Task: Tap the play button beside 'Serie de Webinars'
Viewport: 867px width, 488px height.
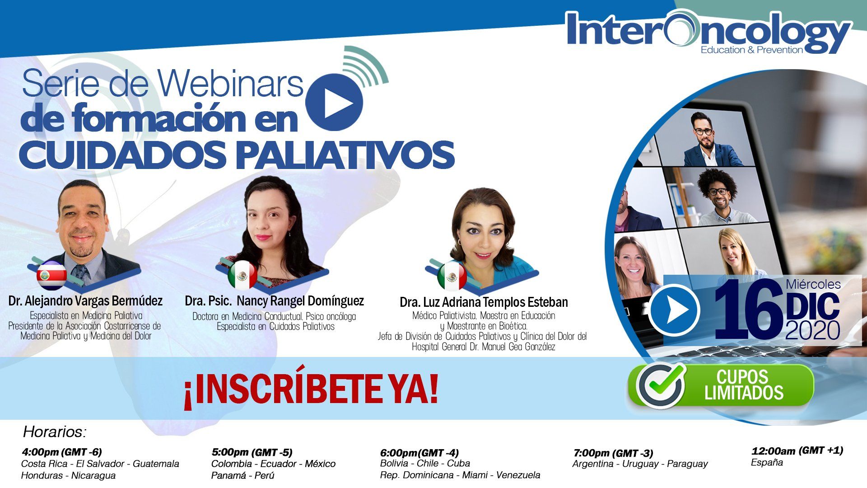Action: [x=334, y=103]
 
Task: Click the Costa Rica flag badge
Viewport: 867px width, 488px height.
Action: [x=52, y=275]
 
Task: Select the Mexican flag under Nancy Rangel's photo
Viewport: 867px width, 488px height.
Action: [x=242, y=274]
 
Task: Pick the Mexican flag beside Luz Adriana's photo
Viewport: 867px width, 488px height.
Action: [x=452, y=276]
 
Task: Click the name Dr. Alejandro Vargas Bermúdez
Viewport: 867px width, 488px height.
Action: [x=85, y=300]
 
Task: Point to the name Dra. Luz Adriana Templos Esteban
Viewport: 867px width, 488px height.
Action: [x=484, y=302]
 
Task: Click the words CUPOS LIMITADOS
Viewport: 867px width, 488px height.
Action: [x=743, y=385]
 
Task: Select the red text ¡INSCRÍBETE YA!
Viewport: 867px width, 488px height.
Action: [x=311, y=391]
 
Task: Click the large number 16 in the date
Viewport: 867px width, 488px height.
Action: [x=749, y=310]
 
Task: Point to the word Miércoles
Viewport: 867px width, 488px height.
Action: [x=813, y=284]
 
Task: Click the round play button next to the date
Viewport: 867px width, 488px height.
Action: [x=674, y=310]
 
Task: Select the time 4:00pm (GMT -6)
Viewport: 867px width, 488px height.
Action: [x=62, y=451]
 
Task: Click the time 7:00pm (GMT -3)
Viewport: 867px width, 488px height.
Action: [x=613, y=453]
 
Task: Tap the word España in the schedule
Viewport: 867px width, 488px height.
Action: [x=767, y=462]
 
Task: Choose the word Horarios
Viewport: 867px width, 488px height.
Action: [x=55, y=432]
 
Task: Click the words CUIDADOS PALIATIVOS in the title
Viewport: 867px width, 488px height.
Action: [x=237, y=155]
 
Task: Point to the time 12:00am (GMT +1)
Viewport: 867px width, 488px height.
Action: [x=797, y=450]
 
